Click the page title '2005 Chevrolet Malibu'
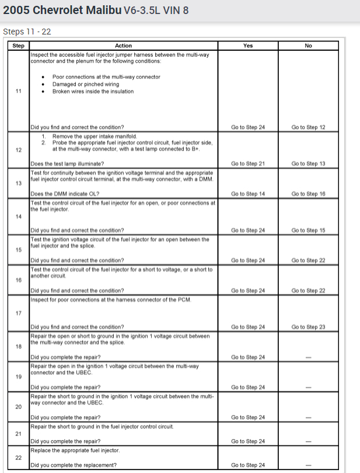click(62, 11)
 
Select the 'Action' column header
click(123, 46)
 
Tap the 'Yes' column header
click(248, 46)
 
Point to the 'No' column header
click(309, 46)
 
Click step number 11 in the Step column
click(18, 91)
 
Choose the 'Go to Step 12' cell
click(309, 127)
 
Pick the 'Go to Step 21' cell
click(248, 164)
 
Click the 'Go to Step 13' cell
click(309, 164)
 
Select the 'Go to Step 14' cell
click(248, 194)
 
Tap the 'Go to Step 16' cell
click(309, 194)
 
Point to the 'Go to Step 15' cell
click(309, 230)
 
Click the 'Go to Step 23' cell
click(309, 327)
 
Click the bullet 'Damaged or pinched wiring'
click(86, 84)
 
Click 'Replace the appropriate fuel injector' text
click(75, 450)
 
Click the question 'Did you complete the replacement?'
click(74, 465)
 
